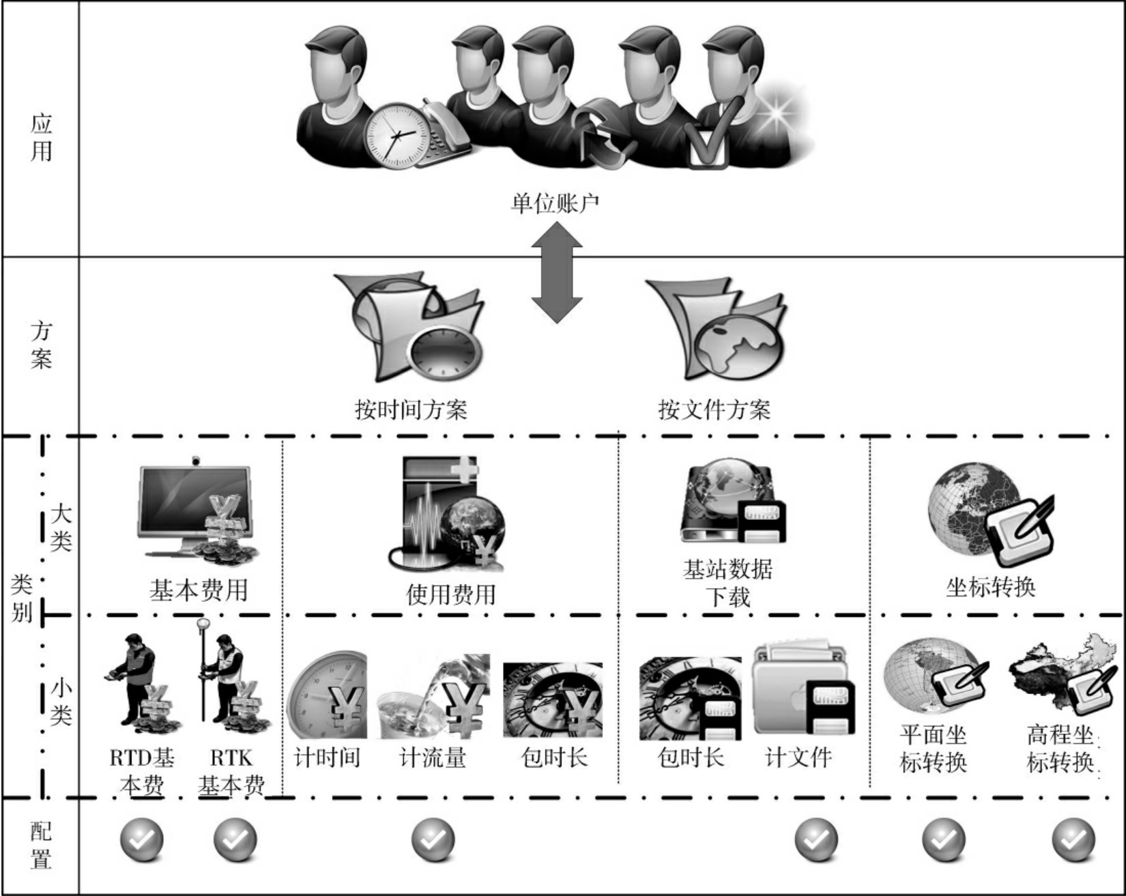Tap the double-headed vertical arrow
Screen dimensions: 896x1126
tap(557, 272)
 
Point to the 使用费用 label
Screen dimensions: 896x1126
tap(450, 594)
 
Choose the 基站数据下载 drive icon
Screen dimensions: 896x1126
tap(732, 503)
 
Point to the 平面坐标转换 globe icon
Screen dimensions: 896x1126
tap(934, 676)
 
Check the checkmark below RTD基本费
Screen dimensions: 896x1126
tap(142, 840)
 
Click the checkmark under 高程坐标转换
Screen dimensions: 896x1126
tap(1073, 840)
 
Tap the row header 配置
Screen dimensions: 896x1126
tap(40, 845)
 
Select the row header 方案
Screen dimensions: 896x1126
tap(40, 345)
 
